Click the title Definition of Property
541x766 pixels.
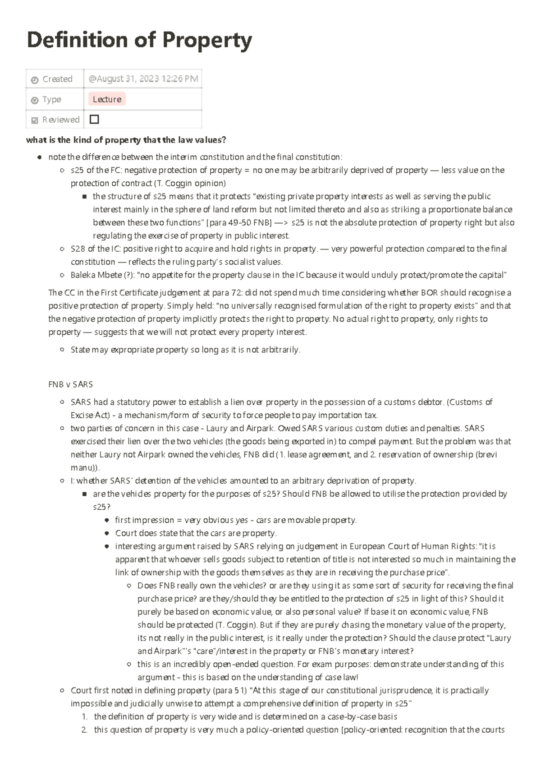[139, 41]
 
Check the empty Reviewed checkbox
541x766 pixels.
[94, 120]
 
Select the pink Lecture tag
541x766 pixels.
[107, 99]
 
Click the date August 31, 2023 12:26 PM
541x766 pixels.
[143, 79]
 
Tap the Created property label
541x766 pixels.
[57, 79]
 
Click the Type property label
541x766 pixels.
[51, 99]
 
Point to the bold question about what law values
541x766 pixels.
[126, 140]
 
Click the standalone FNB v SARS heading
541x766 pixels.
[70, 384]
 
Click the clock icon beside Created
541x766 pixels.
[35, 80]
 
